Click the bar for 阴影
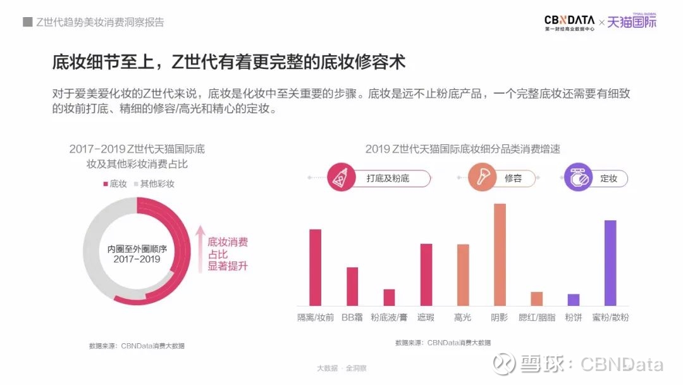500,255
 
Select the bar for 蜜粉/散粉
610,263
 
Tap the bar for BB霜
352,286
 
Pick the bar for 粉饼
574,300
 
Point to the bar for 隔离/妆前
315,267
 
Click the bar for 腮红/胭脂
537,298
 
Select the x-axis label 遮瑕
426,317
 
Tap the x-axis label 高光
463,317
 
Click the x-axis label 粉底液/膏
389,317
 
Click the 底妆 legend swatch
106,184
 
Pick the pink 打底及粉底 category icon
342,178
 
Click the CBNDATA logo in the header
569,22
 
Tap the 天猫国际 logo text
632,22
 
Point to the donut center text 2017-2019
137,259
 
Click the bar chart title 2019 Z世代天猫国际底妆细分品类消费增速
462,149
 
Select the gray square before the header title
27,22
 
